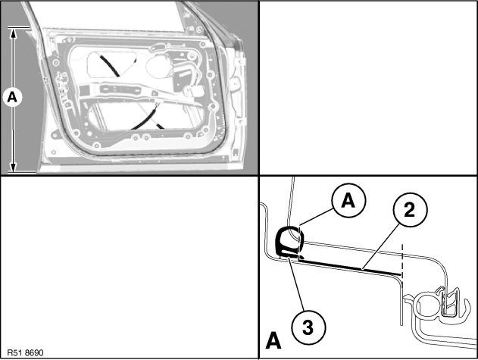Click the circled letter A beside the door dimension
pos(13,96)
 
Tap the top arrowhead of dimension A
pos(13,32)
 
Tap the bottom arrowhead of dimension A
pos(13,168)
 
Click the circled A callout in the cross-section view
pos(348,201)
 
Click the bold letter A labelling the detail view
pos(273,340)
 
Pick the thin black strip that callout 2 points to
pos(348,265)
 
